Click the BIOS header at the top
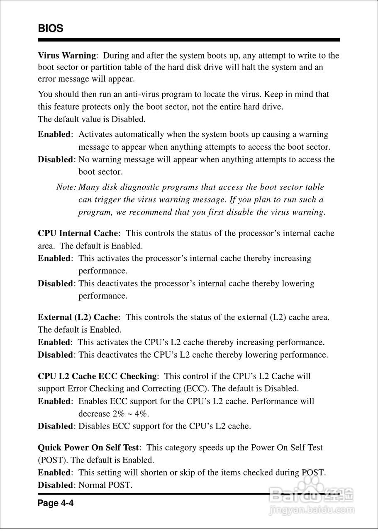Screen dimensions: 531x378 point(51,29)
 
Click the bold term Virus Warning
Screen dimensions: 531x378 point(67,55)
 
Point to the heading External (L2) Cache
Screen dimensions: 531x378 point(78,317)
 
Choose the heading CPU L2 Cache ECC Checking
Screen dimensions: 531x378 point(98,376)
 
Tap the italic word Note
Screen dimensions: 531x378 point(65,187)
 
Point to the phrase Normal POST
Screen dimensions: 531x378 point(105,485)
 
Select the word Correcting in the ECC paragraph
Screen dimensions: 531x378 point(161,389)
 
